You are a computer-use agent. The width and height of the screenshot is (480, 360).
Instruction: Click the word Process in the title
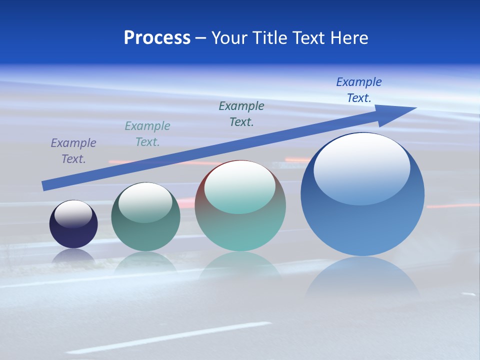click(157, 38)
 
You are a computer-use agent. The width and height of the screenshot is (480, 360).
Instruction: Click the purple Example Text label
click(73, 151)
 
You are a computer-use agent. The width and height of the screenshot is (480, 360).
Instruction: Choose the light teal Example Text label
click(147, 134)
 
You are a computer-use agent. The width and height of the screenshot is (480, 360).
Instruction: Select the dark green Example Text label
click(241, 114)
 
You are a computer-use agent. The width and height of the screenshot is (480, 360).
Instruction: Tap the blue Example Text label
click(359, 90)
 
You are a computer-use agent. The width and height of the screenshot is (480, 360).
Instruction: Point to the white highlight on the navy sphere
click(73, 213)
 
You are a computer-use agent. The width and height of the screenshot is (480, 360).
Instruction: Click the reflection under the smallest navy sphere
click(73, 256)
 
